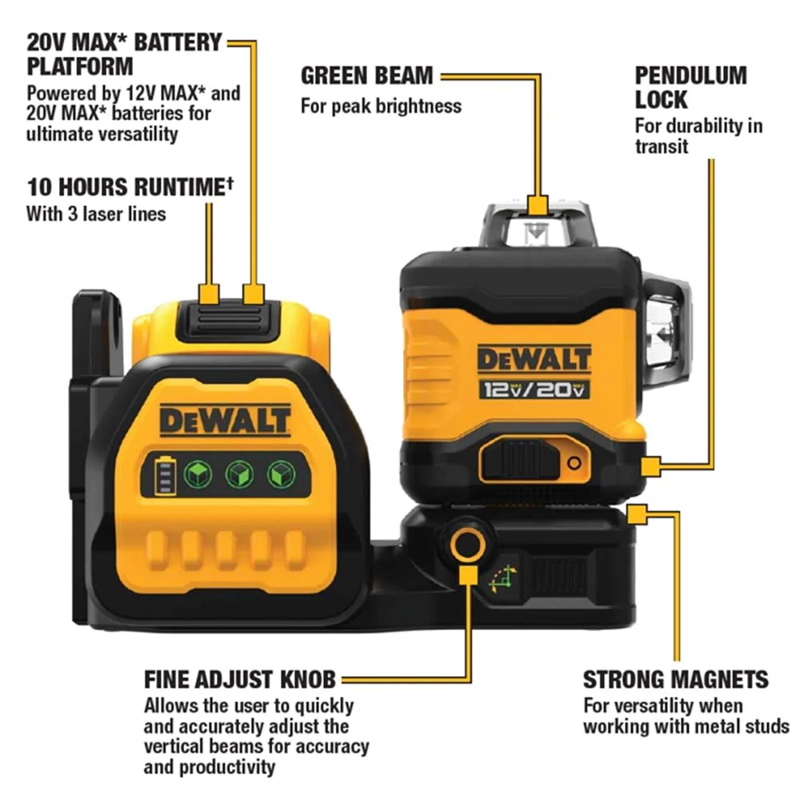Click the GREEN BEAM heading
(x=367, y=75)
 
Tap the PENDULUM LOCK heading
(x=691, y=87)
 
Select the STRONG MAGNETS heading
(x=675, y=679)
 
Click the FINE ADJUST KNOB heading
(x=240, y=679)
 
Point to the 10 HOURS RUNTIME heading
(x=130, y=186)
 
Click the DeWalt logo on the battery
(x=225, y=421)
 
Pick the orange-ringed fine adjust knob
(x=467, y=544)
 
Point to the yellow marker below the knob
(x=468, y=574)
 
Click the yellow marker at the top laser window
(x=538, y=205)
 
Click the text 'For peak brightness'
(x=381, y=106)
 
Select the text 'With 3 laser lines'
(x=96, y=214)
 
